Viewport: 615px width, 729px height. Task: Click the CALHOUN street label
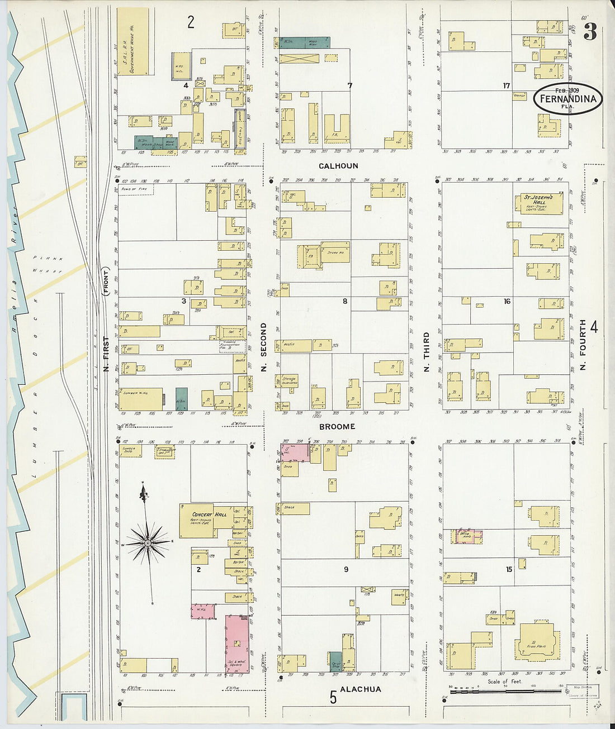pyautogui.click(x=338, y=166)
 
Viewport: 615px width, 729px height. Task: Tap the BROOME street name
pyautogui.click(x=337, y=426)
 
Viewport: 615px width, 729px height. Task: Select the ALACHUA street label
pyautogui.click(x=361, y=689)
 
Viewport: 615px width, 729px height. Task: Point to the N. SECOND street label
pyautogui.click(x=263, y=347)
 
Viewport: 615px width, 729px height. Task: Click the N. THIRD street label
pyautogui.click(x=426, y=353)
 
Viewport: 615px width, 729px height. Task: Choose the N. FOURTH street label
pyautogui.click(x=583, y=345)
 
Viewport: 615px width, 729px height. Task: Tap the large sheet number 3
pyautogui.click(x=590, y=32)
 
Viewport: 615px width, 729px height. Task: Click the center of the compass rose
pyautogui.click(x=148, y=542)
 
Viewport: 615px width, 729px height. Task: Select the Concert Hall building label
pyautogui.click(x=209, y=514)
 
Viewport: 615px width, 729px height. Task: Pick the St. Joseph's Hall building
pyautogui.click(x=538, y=203)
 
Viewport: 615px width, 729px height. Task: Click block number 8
pyautogui.click(x=345, y=302)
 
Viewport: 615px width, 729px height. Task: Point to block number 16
pyautogui.click(x=507, y=302)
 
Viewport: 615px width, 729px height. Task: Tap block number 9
pyautogui.click(x=346, y=569)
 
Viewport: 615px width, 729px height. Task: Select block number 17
pyautogui.click(x=506, y=85)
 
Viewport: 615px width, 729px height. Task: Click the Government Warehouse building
pyautogui.click(x=133, y=41)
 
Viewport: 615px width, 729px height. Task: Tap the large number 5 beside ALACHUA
pyautogui.click(x=333, y=697)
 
